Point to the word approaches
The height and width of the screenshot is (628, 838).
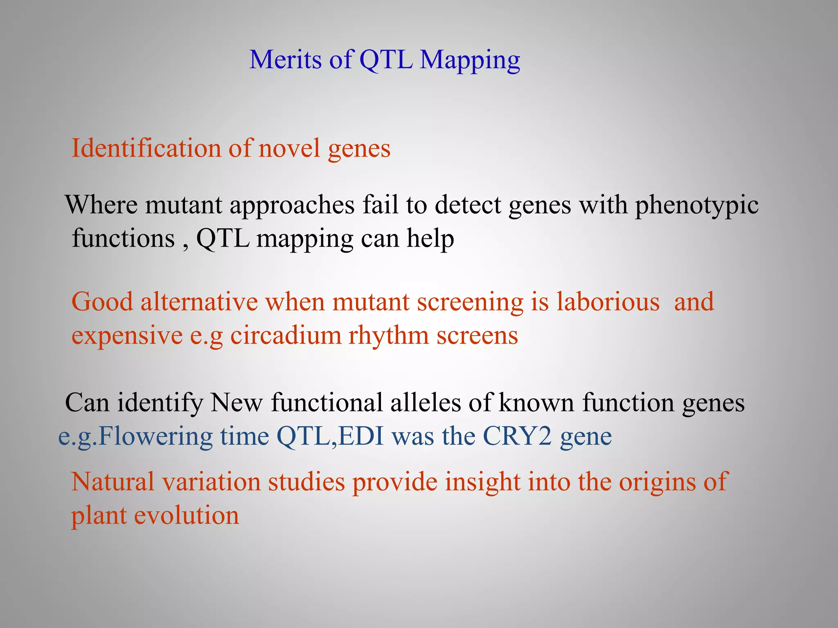292,205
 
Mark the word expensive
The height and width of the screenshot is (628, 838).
127,336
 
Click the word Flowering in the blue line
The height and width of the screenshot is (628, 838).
155,437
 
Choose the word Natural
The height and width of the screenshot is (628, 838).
113,482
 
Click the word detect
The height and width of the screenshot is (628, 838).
467,205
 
